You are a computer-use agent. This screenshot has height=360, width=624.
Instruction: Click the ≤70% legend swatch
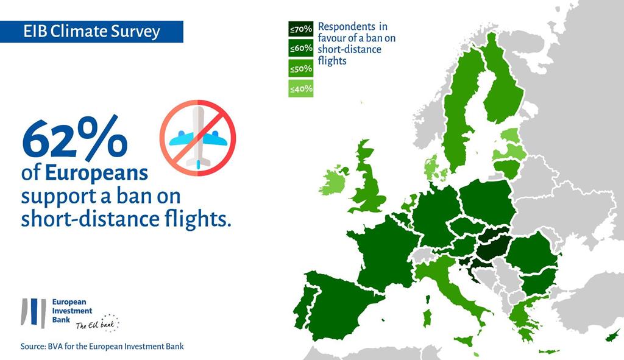click(x=301, y=29)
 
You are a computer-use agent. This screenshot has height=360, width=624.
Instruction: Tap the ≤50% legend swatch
click(x=301, y=68)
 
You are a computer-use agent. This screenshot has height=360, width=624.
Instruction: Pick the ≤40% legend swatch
click(x=301, y=88)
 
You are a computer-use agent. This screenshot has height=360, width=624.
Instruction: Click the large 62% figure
click(x=75, y=138)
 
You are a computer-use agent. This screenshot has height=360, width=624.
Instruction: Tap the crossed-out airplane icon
click(x=198, y=138)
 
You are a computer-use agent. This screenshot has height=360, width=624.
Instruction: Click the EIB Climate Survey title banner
click(x=91, y=32)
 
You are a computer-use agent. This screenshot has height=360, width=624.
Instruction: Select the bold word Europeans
click(x=96, y=174)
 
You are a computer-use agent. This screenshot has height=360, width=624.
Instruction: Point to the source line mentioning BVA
click(x=102, y=347)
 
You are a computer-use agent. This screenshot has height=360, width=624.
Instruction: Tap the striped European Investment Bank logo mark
click(x=34, y=312)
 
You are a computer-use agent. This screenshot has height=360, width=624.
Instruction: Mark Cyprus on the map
click(x=613, y=336)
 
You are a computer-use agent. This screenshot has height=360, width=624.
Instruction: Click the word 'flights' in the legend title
click(x=332, y=61)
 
